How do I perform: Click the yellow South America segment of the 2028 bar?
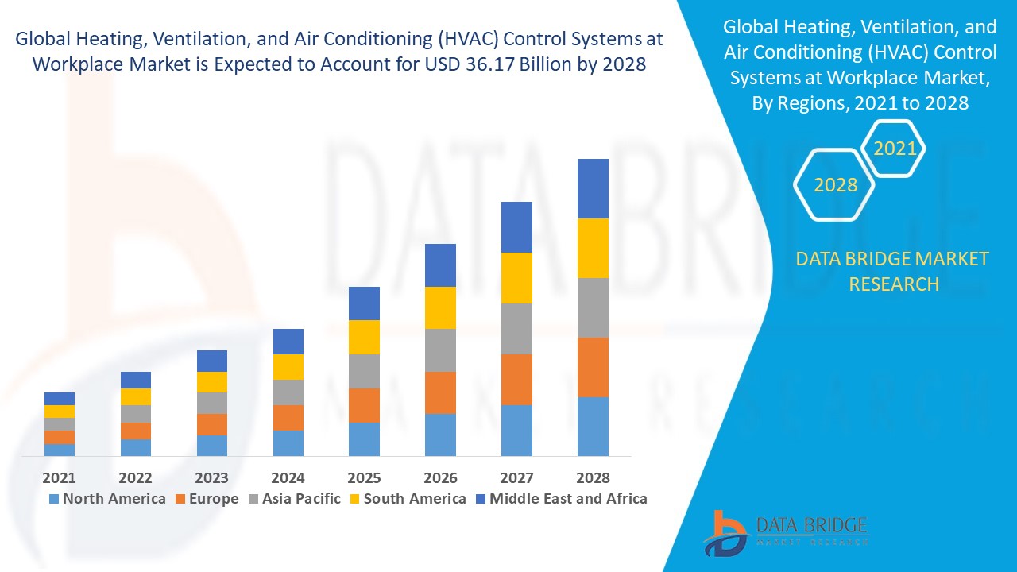click(x=593, y=248)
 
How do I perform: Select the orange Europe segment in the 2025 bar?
click(x=364, y=405)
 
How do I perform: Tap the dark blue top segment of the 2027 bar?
click(x=516, y=226)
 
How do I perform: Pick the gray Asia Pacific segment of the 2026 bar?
click(x=440, y=350)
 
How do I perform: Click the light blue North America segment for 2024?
click(x=288, y=443)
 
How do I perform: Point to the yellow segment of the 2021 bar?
click(x=60, y=411)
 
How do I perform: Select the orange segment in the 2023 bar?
click(x=211, y=424)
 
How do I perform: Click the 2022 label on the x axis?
click(x=135, y=477)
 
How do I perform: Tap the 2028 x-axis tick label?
click(x=593, y=477)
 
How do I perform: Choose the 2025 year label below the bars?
click(x=364, y=477)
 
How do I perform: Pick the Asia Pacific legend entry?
click(x=296, y=499)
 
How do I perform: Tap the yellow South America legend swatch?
click(x=355, y=499)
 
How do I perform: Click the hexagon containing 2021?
click(x=895, y=149)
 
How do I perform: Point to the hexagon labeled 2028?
click(x=835, y=184)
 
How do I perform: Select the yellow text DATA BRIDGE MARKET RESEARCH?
click(x=892, y=271)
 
